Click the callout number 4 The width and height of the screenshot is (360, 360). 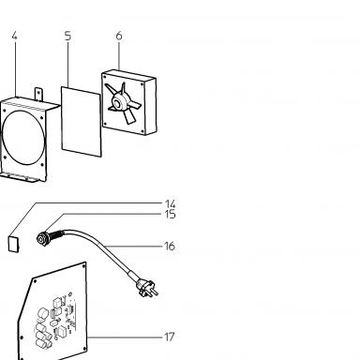(x=14, y=36)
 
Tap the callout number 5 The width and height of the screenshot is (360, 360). (x=68, y=36)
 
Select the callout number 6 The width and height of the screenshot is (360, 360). (x=119, y=36)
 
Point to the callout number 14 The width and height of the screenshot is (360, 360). (x=171, y=204)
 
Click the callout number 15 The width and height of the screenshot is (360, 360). (x=171, y=215)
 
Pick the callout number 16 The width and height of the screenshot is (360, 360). (x=170, y=247)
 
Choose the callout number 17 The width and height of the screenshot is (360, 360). (x=170, y=337)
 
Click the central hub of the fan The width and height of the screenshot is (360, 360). (x=117, y=102)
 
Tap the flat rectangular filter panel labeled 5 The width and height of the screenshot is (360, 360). (x=82, y=122)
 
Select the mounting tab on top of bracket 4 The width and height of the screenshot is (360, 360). (x=38, y=94)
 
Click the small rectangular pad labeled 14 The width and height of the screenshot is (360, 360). (x=13, y=244)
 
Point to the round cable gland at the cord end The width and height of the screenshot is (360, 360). (x=41, y=239)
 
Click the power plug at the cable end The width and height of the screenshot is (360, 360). (x=147, y=288)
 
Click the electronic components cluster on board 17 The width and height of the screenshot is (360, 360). (x=56, y=321)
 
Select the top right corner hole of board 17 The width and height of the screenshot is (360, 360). (x=83, y=266)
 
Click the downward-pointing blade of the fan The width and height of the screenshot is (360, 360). (x=128, y=117)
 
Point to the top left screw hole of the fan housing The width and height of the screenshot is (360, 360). (x=105, y=77)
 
